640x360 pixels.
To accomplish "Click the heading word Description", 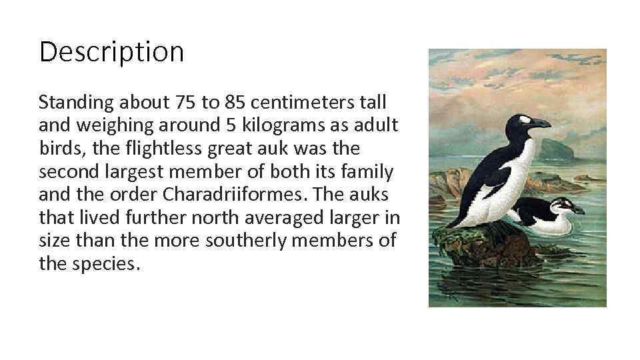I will [111, 52].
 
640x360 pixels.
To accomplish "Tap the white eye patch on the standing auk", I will [525, 120].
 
